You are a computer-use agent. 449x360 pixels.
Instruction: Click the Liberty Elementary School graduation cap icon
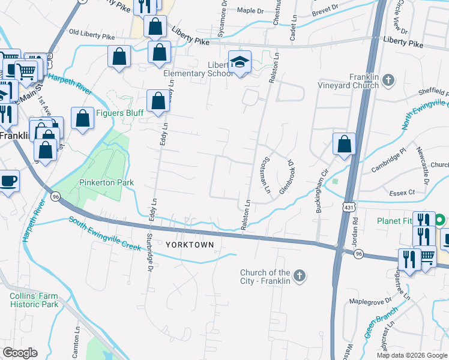click(240, 62)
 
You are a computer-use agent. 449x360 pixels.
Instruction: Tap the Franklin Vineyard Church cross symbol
click(388, 79)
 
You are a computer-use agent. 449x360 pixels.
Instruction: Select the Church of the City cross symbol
click(300, 276)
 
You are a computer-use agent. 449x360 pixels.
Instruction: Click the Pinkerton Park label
click(106, 182)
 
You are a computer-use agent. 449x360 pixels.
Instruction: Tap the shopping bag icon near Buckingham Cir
click(345, 145)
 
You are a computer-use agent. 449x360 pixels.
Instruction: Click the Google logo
click(20, 352)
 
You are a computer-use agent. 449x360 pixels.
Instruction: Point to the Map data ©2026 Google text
click(411, 355)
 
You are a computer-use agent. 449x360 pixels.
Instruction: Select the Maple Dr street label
click(250, 11)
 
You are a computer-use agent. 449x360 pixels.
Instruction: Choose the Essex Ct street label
click(402, 193)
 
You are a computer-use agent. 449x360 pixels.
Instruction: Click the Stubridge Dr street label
click(149, 247)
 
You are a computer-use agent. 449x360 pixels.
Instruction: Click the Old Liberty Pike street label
click(92, 35)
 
